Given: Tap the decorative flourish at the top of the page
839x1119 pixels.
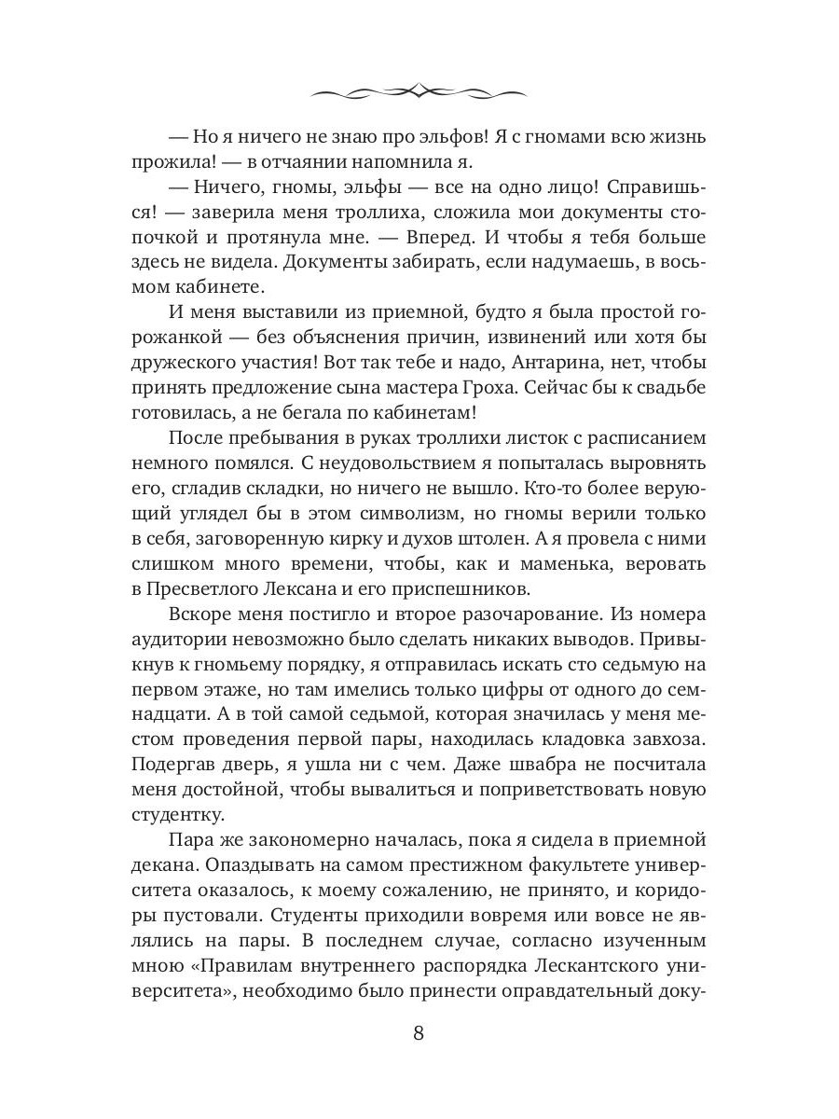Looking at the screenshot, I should point(419,90).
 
